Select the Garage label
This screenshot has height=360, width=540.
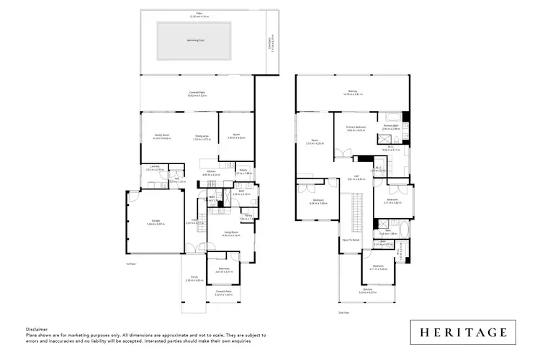tap(155, 222)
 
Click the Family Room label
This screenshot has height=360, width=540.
tap(161, 135)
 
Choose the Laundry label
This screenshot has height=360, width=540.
tap(154, 167)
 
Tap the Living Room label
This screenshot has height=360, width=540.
tap(231, 232)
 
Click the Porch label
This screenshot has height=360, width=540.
tap(194, 277)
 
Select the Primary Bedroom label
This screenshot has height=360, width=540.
tap(356, 127)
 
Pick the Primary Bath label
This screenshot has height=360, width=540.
tap(391, 126)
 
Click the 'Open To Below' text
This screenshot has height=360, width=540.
tap(351, 239)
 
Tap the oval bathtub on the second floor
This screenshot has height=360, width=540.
tap(401, 233)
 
